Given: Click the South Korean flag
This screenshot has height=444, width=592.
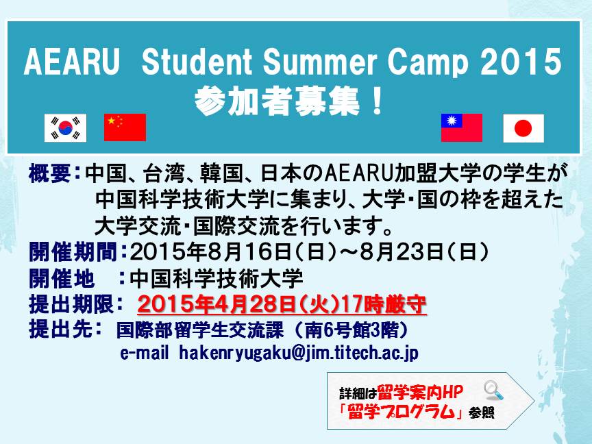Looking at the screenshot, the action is (65, 128).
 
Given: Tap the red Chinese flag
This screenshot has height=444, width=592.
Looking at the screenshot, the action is (125, 127).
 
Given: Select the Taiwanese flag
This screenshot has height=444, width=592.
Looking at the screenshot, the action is (462, 127).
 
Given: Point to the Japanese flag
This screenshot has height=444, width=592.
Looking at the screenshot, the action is (523, 128).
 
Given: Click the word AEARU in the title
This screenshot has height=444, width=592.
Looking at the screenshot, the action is (72, 62).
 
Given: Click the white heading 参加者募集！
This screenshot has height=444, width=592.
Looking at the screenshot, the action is (289, 101).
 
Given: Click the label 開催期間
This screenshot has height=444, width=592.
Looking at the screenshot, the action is (73, 252).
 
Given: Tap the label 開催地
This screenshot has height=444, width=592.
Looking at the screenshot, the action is (62, 279).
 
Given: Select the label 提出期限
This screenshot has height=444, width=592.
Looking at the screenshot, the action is (72, 304).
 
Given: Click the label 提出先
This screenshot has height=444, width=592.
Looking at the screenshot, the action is (61, 329).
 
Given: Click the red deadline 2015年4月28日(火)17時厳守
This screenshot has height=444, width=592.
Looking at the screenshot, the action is (282, 304).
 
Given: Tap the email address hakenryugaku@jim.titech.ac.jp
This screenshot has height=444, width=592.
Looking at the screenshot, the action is (299, 354).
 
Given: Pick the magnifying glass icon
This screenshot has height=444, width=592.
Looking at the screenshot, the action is (493, 391).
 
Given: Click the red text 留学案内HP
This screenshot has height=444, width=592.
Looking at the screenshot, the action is (420, 393).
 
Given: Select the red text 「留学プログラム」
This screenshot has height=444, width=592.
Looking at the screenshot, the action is (402, 412).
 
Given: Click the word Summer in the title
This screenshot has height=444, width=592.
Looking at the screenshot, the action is (320, 62).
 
